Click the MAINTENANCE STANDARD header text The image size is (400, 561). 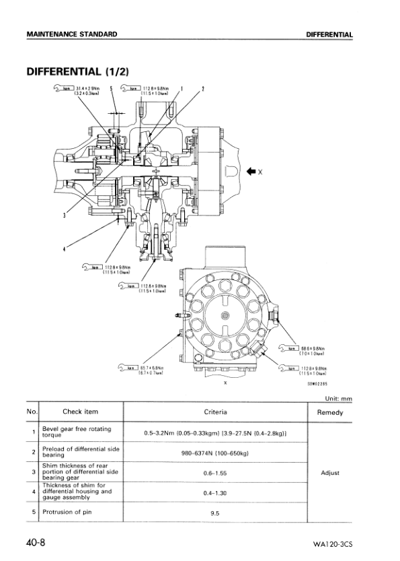(x=71, y=34)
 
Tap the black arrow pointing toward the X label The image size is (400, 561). (x=250, y=171)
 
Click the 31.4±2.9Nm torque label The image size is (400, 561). (x=89, y=89)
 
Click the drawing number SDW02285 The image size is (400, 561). (x=317, y=382)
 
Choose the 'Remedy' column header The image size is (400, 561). (x=329, y=412)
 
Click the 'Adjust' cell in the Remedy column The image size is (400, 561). (x=329, y=473)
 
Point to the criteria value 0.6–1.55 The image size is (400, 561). (x=214, y=473)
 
